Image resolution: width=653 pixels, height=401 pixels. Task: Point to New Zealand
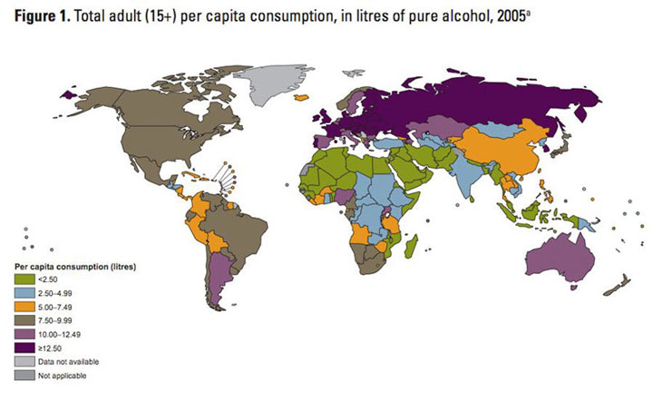(x=618, y=288)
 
